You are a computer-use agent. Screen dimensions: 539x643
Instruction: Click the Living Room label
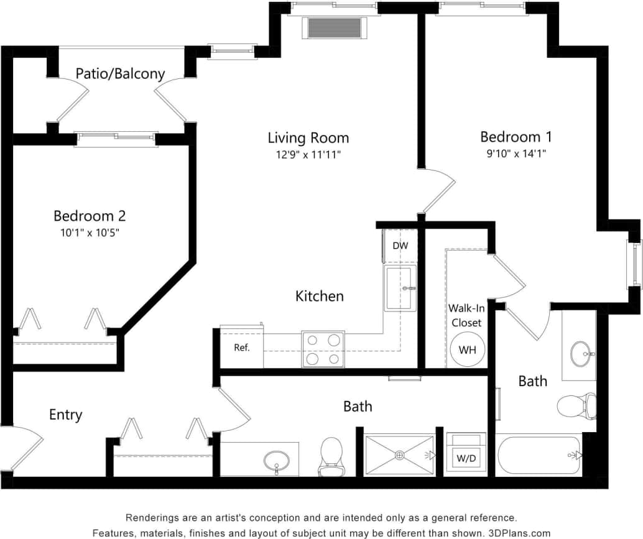click(308, 138)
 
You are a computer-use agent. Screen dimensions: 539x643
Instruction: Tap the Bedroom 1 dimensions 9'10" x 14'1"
click(516, 153)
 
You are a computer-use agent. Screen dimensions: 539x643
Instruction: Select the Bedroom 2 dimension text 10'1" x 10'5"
click(89, 233)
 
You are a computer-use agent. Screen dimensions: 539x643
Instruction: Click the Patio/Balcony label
click(120, 74)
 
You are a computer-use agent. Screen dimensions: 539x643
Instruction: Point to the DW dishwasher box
click(400, 246)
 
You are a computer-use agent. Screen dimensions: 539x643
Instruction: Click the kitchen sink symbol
click(399, 288)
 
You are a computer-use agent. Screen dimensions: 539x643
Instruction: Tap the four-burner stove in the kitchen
click(323, 349)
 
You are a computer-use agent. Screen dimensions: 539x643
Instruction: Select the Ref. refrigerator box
click(242, 348)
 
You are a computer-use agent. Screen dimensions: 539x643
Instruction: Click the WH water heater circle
click(467, 349)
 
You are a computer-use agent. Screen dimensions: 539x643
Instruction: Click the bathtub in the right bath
click(539, 456)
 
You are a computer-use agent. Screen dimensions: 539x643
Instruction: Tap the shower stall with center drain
click(399, 456)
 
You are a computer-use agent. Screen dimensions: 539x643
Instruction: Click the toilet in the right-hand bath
click(576, 405)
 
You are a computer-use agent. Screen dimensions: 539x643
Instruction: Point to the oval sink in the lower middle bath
click(276, 461)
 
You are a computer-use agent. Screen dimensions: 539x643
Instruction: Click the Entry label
click(65, 415)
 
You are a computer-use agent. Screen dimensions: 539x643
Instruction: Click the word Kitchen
click(319, 296)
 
